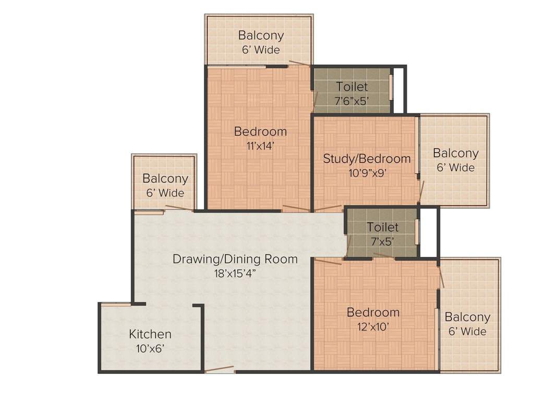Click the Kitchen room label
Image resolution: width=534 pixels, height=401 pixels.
click(x=150, y=334)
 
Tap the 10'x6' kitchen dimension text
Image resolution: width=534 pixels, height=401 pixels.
click(x=150, y=348)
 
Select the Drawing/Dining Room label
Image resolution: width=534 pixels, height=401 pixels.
click(x=235, y=259)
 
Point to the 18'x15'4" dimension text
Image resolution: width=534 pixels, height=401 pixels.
click(x=235, y=273)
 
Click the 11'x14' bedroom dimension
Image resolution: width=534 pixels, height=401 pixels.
click(x=260, y=146)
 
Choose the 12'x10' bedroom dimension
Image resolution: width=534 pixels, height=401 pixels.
click(x=373, y=327)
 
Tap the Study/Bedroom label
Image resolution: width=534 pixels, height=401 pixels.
click(x=367, y=159)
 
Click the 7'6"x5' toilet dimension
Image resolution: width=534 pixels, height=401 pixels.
click(x=351, y=100)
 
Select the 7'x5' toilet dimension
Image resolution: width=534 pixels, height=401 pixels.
click(x=382, y=241)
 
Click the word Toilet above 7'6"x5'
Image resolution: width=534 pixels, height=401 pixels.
click(x=351, y=87)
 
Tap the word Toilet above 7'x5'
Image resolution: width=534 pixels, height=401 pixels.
click(x=382, y=228)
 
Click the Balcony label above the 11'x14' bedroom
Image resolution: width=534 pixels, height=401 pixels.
click(x=261, y=36)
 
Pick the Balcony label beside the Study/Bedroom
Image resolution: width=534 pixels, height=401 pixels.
click(x=455, y=154)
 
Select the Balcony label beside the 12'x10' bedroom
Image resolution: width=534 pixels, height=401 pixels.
click(x=467, y=317)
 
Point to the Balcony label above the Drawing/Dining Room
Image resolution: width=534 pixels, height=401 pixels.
click(x=165, y=179)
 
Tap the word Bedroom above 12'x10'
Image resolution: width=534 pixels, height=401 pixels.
click(x=373, y=313)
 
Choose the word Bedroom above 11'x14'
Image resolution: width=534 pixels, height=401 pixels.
click(x=260, y=132)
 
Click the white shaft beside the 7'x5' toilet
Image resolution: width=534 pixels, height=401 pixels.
click(x=428, y=232)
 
